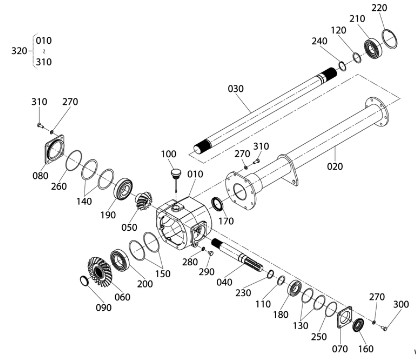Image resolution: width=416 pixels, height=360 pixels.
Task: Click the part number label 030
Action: tap(236, 89)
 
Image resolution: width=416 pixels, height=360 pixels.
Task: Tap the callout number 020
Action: tap(335, 166)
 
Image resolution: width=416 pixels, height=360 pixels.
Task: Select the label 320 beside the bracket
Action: tap(19, 51)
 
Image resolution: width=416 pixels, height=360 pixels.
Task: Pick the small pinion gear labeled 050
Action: tap(143, 201)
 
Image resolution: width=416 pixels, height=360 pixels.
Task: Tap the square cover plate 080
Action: tap(54, 149)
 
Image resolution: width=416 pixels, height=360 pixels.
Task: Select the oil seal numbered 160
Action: tap(358, 325)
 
